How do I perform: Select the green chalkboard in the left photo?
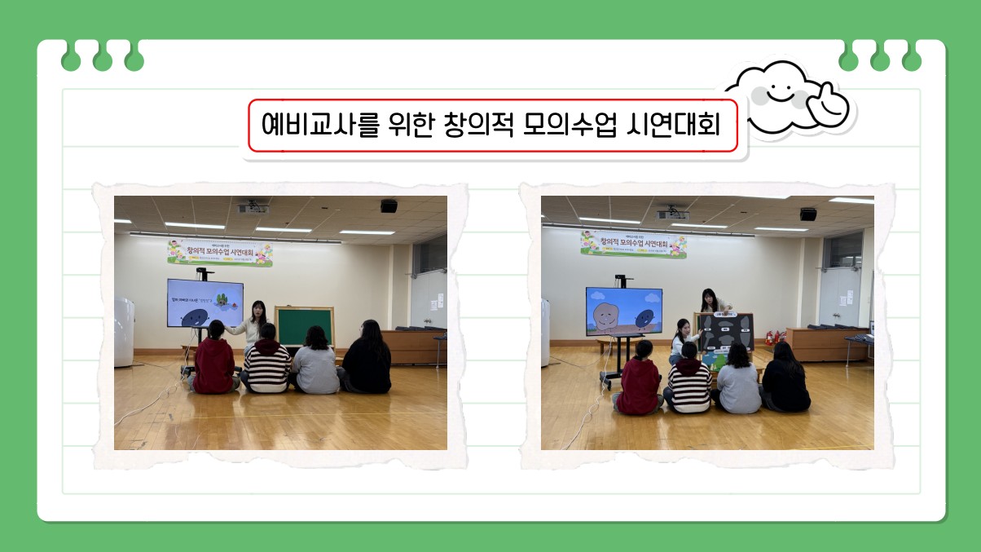pos(304,326)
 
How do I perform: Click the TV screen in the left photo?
pos(205,302)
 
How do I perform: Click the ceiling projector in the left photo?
pos(253,210)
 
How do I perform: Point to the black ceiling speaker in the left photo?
pos(389,205)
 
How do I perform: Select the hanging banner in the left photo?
pos(220,253)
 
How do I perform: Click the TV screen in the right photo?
pos(623,311)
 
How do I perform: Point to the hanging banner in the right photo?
pos(633,244)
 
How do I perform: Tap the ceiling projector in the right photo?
pos(673,215)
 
